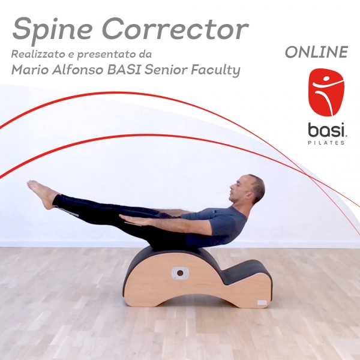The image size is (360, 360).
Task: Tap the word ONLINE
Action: click(x=316, y=53)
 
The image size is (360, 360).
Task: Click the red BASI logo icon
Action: click(x=326, y=92)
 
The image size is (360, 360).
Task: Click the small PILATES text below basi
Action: click(x=326, y=143)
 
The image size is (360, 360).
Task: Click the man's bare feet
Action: click(x=43, y=193)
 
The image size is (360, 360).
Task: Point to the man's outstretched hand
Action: click(x=131, y=220)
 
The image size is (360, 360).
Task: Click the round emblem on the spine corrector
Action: click(x=178, y=273)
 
